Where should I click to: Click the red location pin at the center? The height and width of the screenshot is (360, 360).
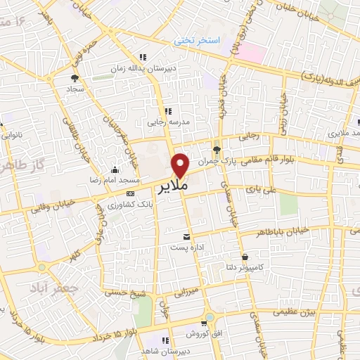tap(181, 165)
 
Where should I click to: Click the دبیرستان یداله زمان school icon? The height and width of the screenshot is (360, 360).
tap(143, 57)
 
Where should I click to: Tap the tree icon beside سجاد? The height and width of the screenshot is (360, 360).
tap(75, 79)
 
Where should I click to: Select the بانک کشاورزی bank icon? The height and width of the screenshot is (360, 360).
tap(130, 193)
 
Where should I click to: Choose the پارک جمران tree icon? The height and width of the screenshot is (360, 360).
tap(217, 150)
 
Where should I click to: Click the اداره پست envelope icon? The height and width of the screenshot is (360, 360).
tap(186, 237)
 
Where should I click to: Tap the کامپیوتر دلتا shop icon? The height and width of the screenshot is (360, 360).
tap(245, 257)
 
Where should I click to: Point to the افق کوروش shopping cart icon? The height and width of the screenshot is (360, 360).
tap(204, 323)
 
